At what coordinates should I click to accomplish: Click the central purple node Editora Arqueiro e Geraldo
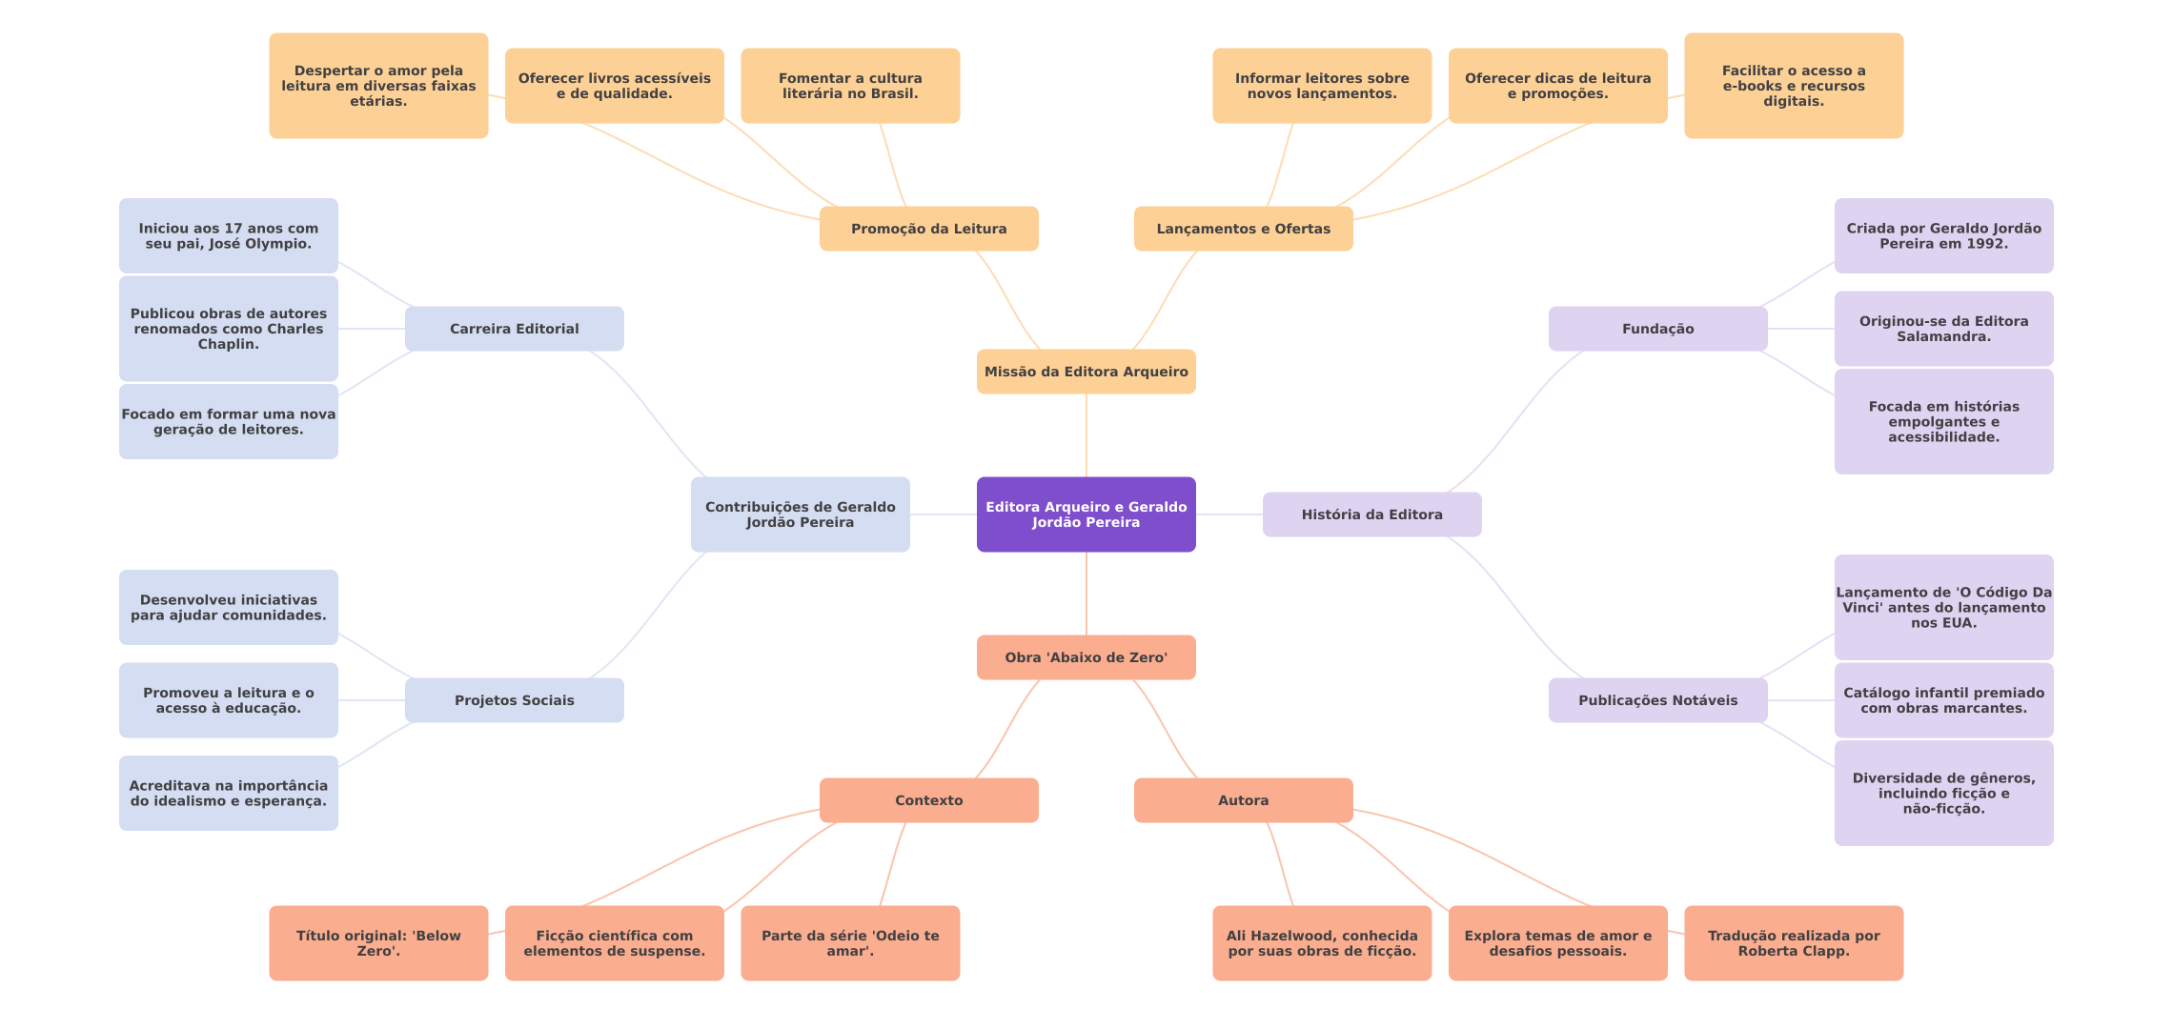pyautogui.click(x=1086, y=514)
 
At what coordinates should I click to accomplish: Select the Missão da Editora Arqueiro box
pyautogui.click(x=1086, y=372)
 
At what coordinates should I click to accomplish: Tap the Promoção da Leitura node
pyautogui.click(x=928, y=229)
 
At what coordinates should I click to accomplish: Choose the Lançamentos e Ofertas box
pyautogui.click(x=1243, y=229)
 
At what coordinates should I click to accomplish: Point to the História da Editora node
pyautogui.click(x=1371, y=514)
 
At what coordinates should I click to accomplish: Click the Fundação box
pyautogui.click(x=1657, y=329)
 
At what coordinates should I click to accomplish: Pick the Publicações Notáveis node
pyautogui.click(x=1657, y=700)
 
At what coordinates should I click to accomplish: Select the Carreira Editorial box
pyautogui.click(x=514, y=329)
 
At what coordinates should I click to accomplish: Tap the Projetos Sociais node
pyautogui.click(x=514, y=700)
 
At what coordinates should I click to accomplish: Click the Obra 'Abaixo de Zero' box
pyautogui.click(x=1086, y=657)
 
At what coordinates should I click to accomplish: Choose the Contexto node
pyautogui.click(x=928, y=800)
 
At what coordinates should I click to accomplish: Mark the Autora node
pyautogui.click(x=1243, y=800)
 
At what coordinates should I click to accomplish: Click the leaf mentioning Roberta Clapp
pyautogui.click(x=1793, y=943)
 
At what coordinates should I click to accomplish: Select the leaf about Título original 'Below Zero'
pyautogui.click(x=378, y=943)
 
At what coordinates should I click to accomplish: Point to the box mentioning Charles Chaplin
pyautogui.click(x=228, y=329)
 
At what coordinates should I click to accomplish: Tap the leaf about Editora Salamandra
pyautogui.click(x=1943, y=329)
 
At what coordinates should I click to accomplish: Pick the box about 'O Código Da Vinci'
pyautogui.click(x=1943, y=607)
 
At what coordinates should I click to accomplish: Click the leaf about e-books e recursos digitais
pyautogui.click(x=1793, y=86)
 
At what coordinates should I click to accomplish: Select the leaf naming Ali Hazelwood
pyautogui.click(x=1321, y=943)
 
